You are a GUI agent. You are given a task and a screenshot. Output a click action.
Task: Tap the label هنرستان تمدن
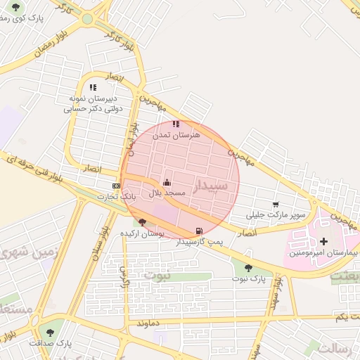[x=176, y=134]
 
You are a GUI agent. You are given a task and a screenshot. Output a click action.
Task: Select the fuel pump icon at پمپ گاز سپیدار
[x=199, y=231]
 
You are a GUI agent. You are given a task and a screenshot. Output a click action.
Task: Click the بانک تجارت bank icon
[x=116, y=186]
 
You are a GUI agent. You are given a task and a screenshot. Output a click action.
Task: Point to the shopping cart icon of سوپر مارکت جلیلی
[x=275, y=204]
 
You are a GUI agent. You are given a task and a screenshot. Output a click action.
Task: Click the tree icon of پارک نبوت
[x=247, y=268]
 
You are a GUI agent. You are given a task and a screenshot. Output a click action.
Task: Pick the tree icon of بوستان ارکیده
[x=142, y=222]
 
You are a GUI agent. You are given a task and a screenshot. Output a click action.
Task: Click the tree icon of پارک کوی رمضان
[x=15, y=7]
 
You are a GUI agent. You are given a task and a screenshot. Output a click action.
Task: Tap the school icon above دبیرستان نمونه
[x=93, y=88]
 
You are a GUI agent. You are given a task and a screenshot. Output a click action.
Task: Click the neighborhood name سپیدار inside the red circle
[x=210, y=186]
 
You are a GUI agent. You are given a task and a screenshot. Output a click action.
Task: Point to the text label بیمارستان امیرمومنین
[x=324, y=252]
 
